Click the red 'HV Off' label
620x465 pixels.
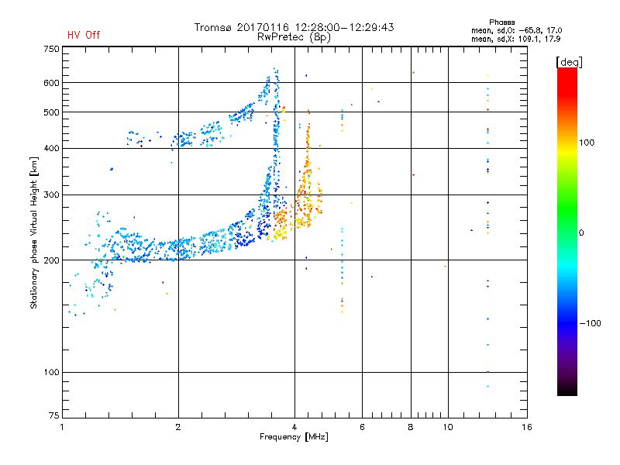pos(83,35)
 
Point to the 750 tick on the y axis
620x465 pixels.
pos(51,48)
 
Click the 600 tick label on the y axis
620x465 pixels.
pos(51,83)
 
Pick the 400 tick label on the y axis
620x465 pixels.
pos(51,149)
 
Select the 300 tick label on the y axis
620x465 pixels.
pos(51,195)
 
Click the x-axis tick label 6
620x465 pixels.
pos(361,427)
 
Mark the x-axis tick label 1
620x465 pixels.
pos(62,427)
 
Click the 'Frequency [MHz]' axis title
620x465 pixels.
pos(294,438)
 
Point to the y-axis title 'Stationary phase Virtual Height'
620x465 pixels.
pos(34,232)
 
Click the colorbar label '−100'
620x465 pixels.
pos(592,323)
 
